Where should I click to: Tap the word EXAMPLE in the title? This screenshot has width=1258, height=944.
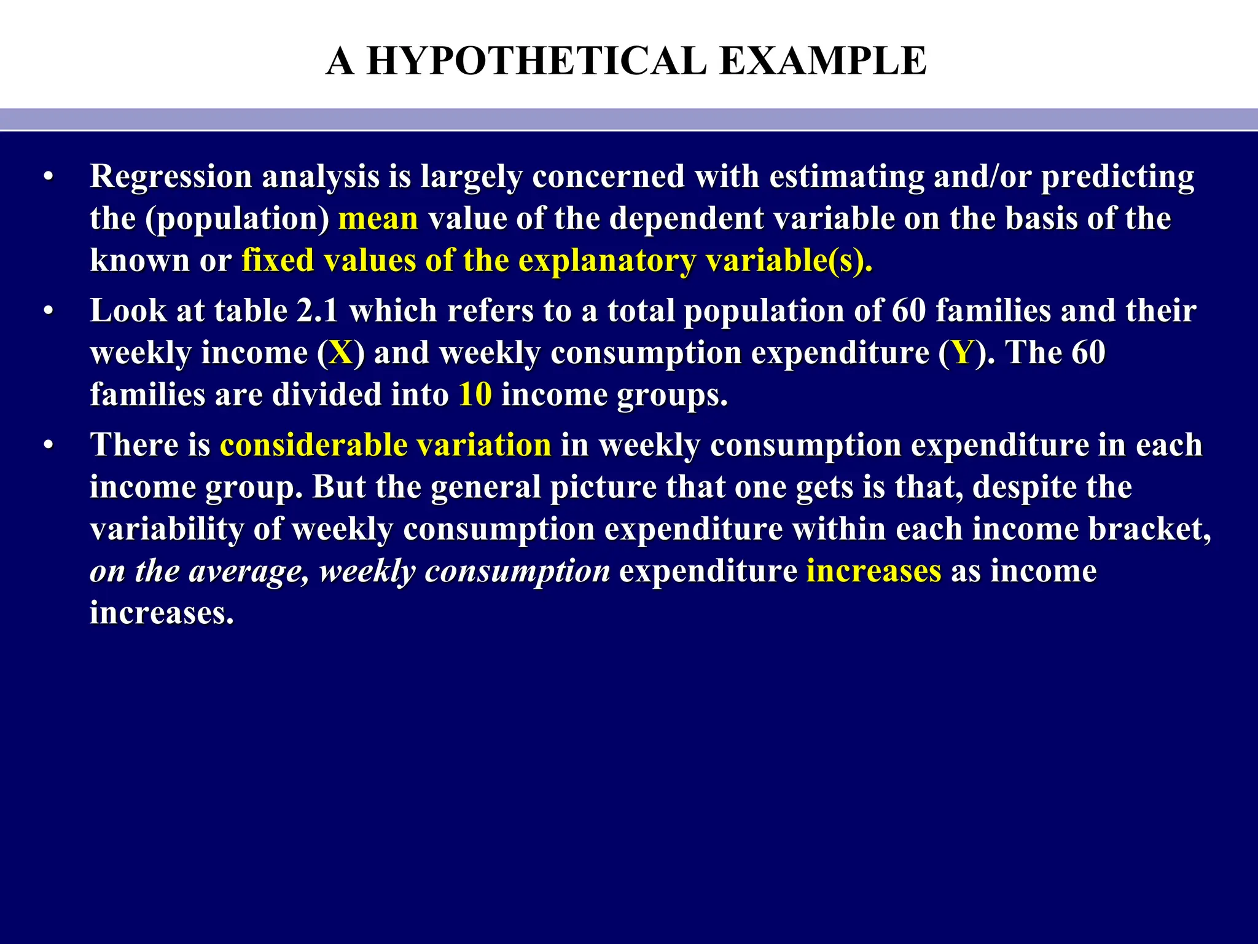coord(822,61)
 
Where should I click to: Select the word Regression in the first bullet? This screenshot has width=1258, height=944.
coord(171,177)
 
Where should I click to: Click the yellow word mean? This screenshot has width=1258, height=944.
coord(378,219)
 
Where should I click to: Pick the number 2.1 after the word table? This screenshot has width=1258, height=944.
coord(318,311)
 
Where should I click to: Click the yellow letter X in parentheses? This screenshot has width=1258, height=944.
coord(341,353)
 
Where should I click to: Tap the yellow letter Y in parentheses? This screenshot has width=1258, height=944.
coord(963,353)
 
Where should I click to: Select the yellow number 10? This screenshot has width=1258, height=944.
coord(475,395)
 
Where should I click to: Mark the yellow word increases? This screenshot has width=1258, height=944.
coord(873,571)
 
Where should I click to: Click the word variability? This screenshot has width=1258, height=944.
coord(166,530)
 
